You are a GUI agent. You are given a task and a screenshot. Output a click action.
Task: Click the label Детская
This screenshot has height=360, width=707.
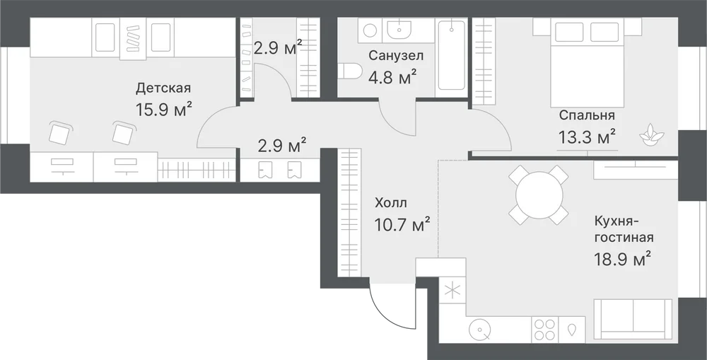163,88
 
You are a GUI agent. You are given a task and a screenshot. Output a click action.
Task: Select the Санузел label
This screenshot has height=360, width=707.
396,55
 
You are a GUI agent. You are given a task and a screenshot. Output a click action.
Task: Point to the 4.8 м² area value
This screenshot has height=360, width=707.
392,77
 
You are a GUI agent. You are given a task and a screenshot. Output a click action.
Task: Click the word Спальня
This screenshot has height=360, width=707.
587,115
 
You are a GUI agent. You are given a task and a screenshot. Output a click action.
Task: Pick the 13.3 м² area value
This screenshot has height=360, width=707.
587,137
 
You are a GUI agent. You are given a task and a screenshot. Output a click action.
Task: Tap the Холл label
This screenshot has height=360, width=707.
390,203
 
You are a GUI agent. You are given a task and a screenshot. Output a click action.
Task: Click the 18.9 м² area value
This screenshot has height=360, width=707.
622,260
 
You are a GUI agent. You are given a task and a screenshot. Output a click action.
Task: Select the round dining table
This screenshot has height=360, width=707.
539,195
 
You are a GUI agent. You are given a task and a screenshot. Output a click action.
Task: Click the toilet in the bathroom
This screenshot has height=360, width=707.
350,71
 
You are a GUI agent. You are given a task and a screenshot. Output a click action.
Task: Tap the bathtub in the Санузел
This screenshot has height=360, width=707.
451,55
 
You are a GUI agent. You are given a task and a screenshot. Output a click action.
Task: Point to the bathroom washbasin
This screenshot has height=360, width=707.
398,30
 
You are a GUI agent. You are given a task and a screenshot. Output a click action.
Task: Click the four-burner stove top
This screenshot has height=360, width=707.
544,330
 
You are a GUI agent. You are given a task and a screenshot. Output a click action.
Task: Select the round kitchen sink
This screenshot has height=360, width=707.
480,330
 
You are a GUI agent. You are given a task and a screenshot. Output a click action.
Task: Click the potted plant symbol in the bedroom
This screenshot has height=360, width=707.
652,134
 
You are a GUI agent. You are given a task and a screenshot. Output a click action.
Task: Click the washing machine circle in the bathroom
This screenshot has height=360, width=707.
370,30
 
